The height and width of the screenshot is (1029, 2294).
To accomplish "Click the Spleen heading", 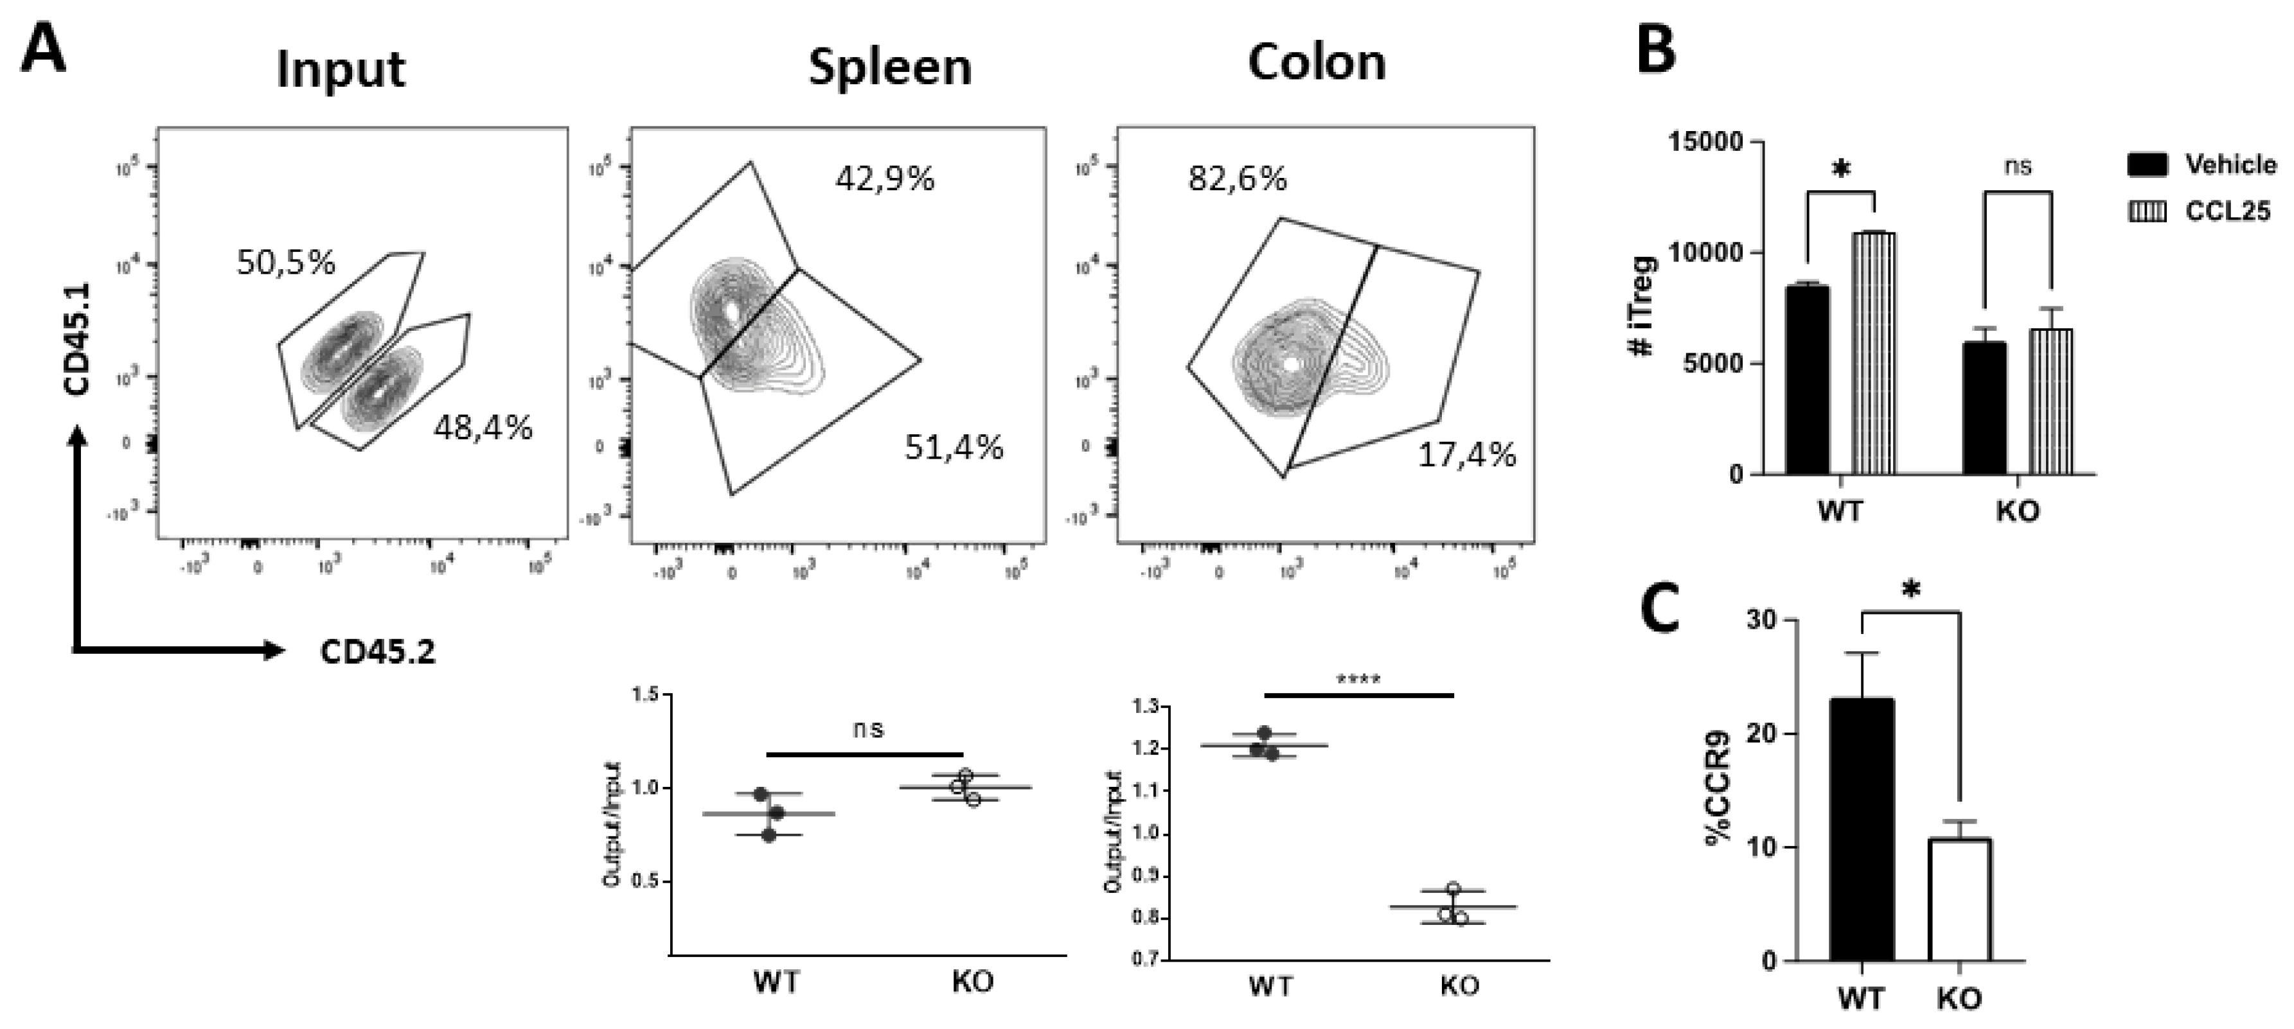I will point(889,67).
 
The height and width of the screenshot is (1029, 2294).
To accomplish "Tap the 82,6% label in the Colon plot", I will point(1237,179).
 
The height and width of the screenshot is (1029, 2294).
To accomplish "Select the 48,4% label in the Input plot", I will point(483,428).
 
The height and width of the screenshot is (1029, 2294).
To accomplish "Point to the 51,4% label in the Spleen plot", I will point(954,447).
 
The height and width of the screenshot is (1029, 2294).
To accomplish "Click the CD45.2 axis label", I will point(378,653).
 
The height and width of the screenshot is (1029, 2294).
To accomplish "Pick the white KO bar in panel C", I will point(1960,899).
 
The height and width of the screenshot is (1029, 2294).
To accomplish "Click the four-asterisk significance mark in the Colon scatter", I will point(1358,680).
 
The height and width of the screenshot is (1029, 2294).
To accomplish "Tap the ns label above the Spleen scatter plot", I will point(867,729).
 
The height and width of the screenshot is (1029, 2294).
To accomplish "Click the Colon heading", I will point(1316,62).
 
